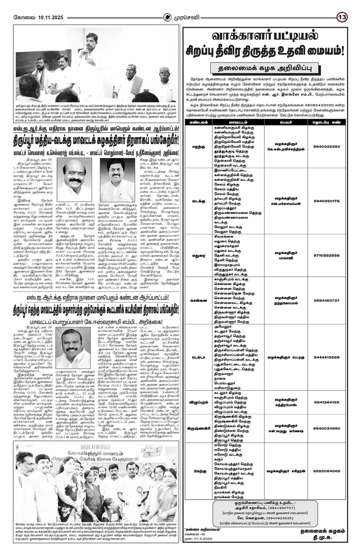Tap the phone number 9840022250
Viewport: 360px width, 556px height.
tap(326, 146)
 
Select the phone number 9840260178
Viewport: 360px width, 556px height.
tap(326, 201)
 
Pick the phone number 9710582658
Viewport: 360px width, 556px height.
tap(326, 255)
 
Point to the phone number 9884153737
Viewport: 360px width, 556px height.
tap(326, 300)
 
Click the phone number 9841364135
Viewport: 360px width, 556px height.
tap(326, 402)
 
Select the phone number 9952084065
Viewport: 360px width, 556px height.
tap(326, 471)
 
